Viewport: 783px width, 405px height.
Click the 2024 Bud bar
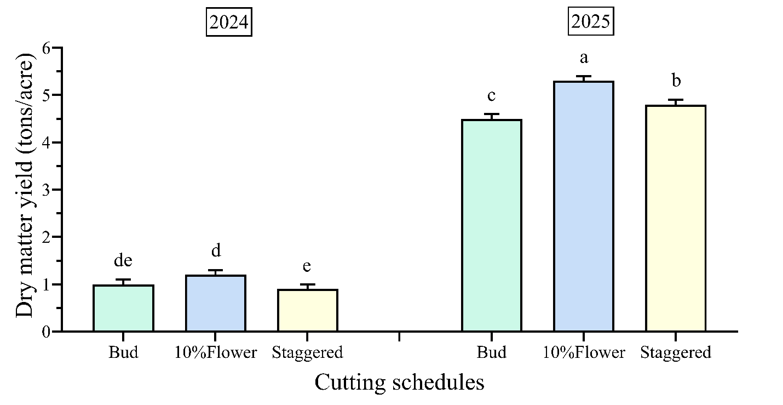[123, 308]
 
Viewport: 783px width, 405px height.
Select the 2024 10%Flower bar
[215, 303]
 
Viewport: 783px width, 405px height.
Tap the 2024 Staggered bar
[307, 310]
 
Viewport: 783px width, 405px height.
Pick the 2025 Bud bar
[491, 225]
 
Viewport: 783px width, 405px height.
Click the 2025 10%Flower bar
[583, 206]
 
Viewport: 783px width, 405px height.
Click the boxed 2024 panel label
[229, 22]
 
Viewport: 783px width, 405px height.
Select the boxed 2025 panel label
[591, 22]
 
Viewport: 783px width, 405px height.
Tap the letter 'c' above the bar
[491, 96]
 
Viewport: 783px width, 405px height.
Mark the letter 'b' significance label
[676, 81]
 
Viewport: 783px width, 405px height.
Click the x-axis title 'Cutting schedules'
[399, 382]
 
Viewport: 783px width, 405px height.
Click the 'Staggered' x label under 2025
[675, 352]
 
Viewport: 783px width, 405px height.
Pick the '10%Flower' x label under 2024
[215, 352]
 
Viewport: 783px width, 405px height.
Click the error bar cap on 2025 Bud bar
[491, 114]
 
